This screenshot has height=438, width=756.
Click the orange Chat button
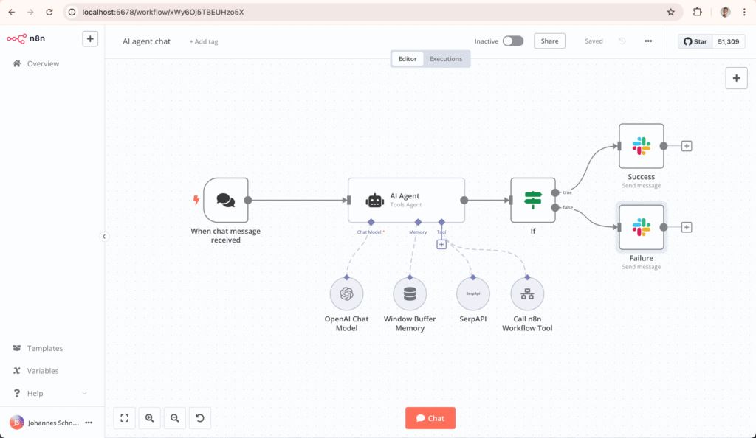pyautogui.click(x=430, y=418)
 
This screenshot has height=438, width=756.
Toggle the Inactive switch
pyautogui.click(x=512, y=41)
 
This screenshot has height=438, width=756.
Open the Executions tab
pyautogui.click(x=446, y=59)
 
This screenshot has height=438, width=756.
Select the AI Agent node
pyautogui.click(x=406, y=200)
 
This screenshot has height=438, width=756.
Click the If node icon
pyautogui.click(x=532, y=200)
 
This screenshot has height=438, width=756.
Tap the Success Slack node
pyautogui.click(x=641, y=146)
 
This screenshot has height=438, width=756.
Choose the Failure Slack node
pyautogui.click(x=641, y=227)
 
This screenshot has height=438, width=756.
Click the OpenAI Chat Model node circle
pyautogui.click(x=346, y=293)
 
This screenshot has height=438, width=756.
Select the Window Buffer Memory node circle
pyautogui.click(x=410, y=293)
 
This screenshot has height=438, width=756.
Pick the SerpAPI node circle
pyautogui.click(x=473, y=293)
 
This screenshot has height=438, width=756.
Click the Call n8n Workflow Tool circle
pyautogui.click(x=527, y=293)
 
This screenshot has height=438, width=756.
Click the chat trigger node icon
pyautogui.click(x=226, y=200)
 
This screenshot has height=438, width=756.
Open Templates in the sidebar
pyautogui.click(x=44, y=348)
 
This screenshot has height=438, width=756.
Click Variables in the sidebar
pyautogui.click(x=42, y=371)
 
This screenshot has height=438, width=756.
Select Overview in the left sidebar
pyautogui.click(x=43, y=64)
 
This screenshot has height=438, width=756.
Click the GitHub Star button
pyautogui.click(x=695, y=41)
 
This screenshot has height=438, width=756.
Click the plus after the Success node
pyautogui.click(x=687, y=146)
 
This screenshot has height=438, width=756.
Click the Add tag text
pyautogui.click(x=204, y=41)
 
